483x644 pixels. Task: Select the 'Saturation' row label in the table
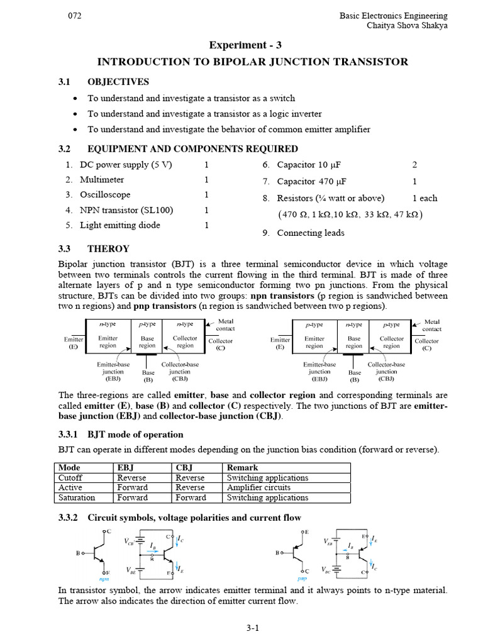77,497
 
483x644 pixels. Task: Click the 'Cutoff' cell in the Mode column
70,477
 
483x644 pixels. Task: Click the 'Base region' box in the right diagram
354,341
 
